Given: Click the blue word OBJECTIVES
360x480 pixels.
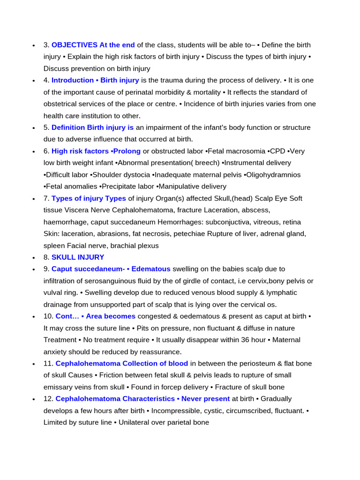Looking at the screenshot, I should [x=75, y=45].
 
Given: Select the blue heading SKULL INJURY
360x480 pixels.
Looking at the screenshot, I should [x=78, y=257].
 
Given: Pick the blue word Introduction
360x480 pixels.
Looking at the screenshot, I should [x=73, y=80].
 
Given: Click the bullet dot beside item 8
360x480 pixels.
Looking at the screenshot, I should [x=34, y=258].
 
